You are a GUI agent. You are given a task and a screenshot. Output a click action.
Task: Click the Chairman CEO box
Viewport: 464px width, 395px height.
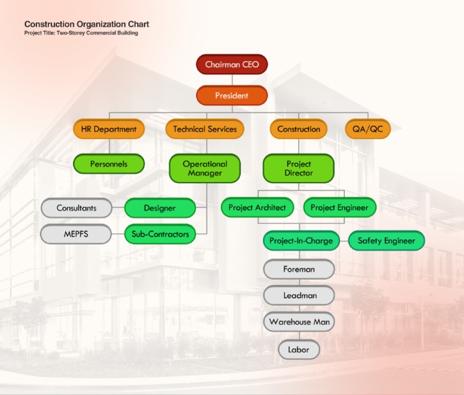[232, 65]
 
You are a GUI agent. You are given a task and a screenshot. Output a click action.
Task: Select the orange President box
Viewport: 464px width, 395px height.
[232, 95]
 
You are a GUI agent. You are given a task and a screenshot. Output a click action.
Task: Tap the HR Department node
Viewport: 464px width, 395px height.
[109, 129]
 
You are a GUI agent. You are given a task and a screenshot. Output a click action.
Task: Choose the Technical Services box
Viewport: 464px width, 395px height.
[205, 129]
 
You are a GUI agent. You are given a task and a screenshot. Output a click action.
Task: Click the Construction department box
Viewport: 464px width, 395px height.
[298, 129]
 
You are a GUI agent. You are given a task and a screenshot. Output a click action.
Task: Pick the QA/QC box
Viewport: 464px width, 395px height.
[368, 129]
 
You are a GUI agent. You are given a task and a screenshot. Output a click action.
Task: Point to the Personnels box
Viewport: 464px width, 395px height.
[109, 164]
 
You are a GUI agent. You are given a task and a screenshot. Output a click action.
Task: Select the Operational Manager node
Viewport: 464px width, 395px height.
[205, 169]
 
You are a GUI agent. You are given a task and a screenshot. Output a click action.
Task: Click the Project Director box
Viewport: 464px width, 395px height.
[298, 169]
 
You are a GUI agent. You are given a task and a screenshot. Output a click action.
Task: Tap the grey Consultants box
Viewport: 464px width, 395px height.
[77, 208]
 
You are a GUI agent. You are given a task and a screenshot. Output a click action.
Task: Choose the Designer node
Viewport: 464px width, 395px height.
[160, 208]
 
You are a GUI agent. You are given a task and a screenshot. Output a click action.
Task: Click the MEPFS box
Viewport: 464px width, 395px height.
[76, 234]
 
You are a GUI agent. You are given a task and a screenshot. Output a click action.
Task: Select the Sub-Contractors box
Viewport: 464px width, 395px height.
[160, 234]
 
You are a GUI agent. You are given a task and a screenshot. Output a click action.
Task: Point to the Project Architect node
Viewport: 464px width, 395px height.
[257, 208]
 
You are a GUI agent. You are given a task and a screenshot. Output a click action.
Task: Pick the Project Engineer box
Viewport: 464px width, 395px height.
[340, 208]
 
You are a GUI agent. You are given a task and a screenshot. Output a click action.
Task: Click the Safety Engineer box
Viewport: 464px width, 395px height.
[387, 241]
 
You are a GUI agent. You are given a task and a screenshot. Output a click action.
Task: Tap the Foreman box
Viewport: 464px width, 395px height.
[299, 269]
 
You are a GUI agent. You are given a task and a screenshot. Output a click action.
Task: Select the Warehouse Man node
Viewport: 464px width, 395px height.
[299, 322]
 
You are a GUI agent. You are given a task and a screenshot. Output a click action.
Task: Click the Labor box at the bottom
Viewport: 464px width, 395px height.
[298, 350]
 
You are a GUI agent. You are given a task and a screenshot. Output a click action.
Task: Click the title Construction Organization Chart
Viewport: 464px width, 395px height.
[86, 25]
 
